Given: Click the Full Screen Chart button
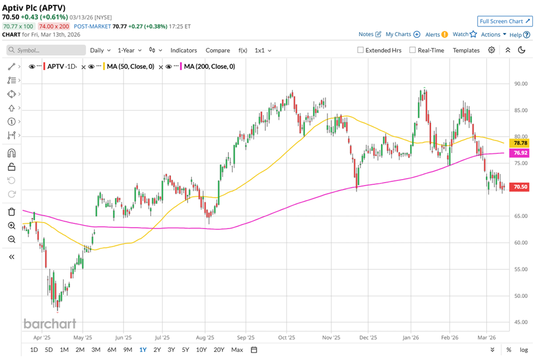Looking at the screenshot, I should (x=504, y=21).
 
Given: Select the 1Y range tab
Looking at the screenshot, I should (x=142, y=350).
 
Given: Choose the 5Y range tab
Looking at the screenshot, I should (x=185, y=350).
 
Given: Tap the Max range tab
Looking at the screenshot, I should (x=237, y=350).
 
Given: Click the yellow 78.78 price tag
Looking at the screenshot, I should (x=520, y=142).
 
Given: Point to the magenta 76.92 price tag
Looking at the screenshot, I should (x=520, y=153).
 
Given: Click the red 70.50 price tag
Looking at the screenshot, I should (x=520, y=187).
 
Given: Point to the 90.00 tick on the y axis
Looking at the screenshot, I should (x=520, y=84).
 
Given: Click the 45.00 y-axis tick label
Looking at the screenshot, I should (x=520, y=322).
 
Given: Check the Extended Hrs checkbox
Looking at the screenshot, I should (x=361, y=50).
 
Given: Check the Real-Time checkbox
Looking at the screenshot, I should (x=412, y=50).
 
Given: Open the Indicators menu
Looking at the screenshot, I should (x=183, y=50).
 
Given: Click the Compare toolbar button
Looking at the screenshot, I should (x=218, y=50).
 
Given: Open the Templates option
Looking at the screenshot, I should (x=466, y=50).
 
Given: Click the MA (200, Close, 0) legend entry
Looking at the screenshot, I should (x=208, y=67).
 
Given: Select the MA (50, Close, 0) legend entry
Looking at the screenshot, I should (x=130, y=67).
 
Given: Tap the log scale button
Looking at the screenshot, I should (x=524, y=350).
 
